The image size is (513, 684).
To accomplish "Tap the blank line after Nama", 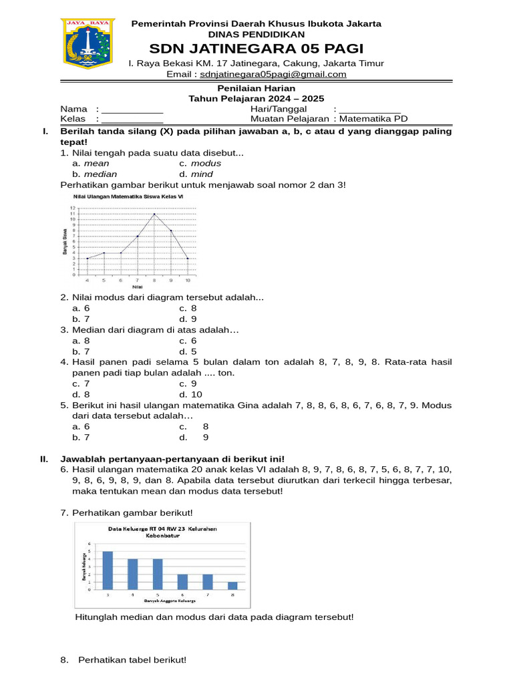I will [x=132, y=110].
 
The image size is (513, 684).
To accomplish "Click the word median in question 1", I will [x=100, y=174].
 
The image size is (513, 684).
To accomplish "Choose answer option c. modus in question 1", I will [x=200, y=164].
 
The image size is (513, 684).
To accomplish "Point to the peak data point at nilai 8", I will [x=154, y=214].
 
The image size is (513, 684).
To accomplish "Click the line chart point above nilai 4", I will [x=88, y=258].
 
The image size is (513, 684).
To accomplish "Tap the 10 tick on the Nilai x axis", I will [x=188, y=281].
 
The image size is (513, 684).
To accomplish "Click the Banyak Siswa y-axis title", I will [x=65, y=241].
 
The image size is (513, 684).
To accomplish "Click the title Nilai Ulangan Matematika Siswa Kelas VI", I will [x=128, y=197].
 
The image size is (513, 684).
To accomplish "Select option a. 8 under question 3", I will [x=81, y=341].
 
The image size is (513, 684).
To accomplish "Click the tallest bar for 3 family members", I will [x=108, y=569].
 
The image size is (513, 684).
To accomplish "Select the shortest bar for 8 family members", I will [x=232, y=585].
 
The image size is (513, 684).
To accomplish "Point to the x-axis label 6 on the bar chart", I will [x=182, y=594].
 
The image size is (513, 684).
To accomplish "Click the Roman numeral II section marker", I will [x=44, y=459].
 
